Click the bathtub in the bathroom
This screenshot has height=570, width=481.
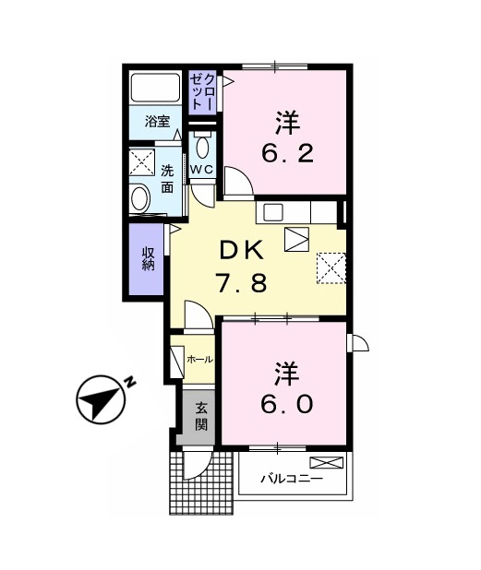click(156, 88)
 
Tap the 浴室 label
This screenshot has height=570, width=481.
click(156, 122)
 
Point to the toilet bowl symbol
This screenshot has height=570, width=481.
click(203, 148)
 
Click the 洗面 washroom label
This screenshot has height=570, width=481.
click(168, 178)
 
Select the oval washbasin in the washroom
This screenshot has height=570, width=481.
click(141, 198)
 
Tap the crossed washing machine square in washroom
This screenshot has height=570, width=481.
click(141, 163)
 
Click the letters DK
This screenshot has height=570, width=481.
click(242, 250)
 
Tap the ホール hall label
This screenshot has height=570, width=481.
click(199, 359)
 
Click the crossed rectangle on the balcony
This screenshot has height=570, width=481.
click(325, 463)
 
